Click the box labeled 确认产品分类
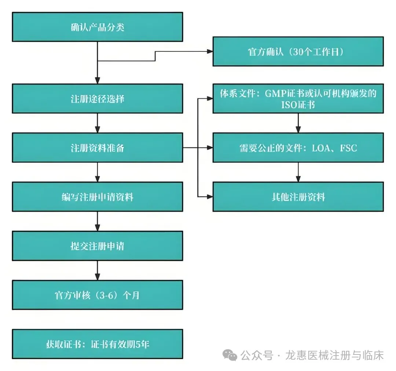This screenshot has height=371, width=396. [x=97, y=27]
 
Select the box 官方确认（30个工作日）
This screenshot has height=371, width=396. [x=298, y=51]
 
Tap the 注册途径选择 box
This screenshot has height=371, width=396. [x=97, y=98]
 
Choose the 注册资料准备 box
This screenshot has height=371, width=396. [x=97, y=148]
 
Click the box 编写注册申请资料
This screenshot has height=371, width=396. [x=97, y=197]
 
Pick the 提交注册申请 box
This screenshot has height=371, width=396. [x=97, y=245]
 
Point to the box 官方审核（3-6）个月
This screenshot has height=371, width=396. [x=97, y=295]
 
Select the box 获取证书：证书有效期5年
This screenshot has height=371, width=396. [x=97, y=344]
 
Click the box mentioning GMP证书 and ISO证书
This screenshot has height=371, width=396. [x=298, y=98]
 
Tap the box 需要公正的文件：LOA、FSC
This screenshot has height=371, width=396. [x=298, y=148]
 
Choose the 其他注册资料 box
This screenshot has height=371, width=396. [x=298, y=197]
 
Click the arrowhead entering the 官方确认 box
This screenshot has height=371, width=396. [x=209, y=51]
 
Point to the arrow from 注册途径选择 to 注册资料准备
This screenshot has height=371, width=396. [x=97, y=123]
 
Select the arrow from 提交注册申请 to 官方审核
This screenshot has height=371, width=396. [x=97, y=270]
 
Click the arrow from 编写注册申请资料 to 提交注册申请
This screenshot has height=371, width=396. [x=97, y=221]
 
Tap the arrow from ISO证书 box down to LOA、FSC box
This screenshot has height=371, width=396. [x=298, y=123]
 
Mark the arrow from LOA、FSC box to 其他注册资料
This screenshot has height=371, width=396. [x=298, y=172]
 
